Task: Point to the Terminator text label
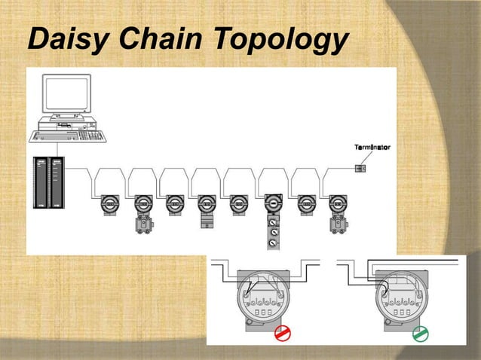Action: (x=372, y=147)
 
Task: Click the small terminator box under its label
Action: (x=360, y=168)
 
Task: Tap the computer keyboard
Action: (x=67, y=136)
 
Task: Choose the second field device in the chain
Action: (x=143, y=204)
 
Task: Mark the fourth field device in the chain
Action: (x=207, y=204)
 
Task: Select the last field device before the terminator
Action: (x=337, y=204)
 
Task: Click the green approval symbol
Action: (x=421, y=333)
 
